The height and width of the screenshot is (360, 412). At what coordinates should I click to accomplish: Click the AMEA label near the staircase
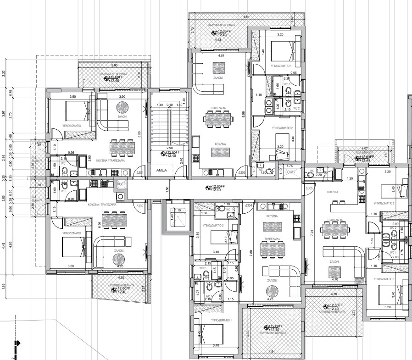(x=161, y=169)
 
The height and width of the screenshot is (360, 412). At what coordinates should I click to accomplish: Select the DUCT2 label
(x=290, y=171)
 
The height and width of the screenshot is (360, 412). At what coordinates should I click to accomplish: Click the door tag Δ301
(x=140, y=173)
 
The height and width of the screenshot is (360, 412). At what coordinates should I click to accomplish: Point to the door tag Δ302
(x=140, y=206)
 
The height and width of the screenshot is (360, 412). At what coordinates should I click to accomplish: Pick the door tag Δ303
(x=242, y=173)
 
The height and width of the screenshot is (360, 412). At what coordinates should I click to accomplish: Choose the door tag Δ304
(x=249, y=206)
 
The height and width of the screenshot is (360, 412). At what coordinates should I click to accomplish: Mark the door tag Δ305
(x=309, y=188)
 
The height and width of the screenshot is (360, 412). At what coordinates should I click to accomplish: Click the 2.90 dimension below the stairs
(x=170, y=148)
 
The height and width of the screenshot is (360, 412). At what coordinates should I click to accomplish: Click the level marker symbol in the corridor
(x=207, y=187)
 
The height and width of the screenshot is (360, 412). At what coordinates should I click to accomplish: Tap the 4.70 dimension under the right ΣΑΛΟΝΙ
(x=335, y=278)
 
